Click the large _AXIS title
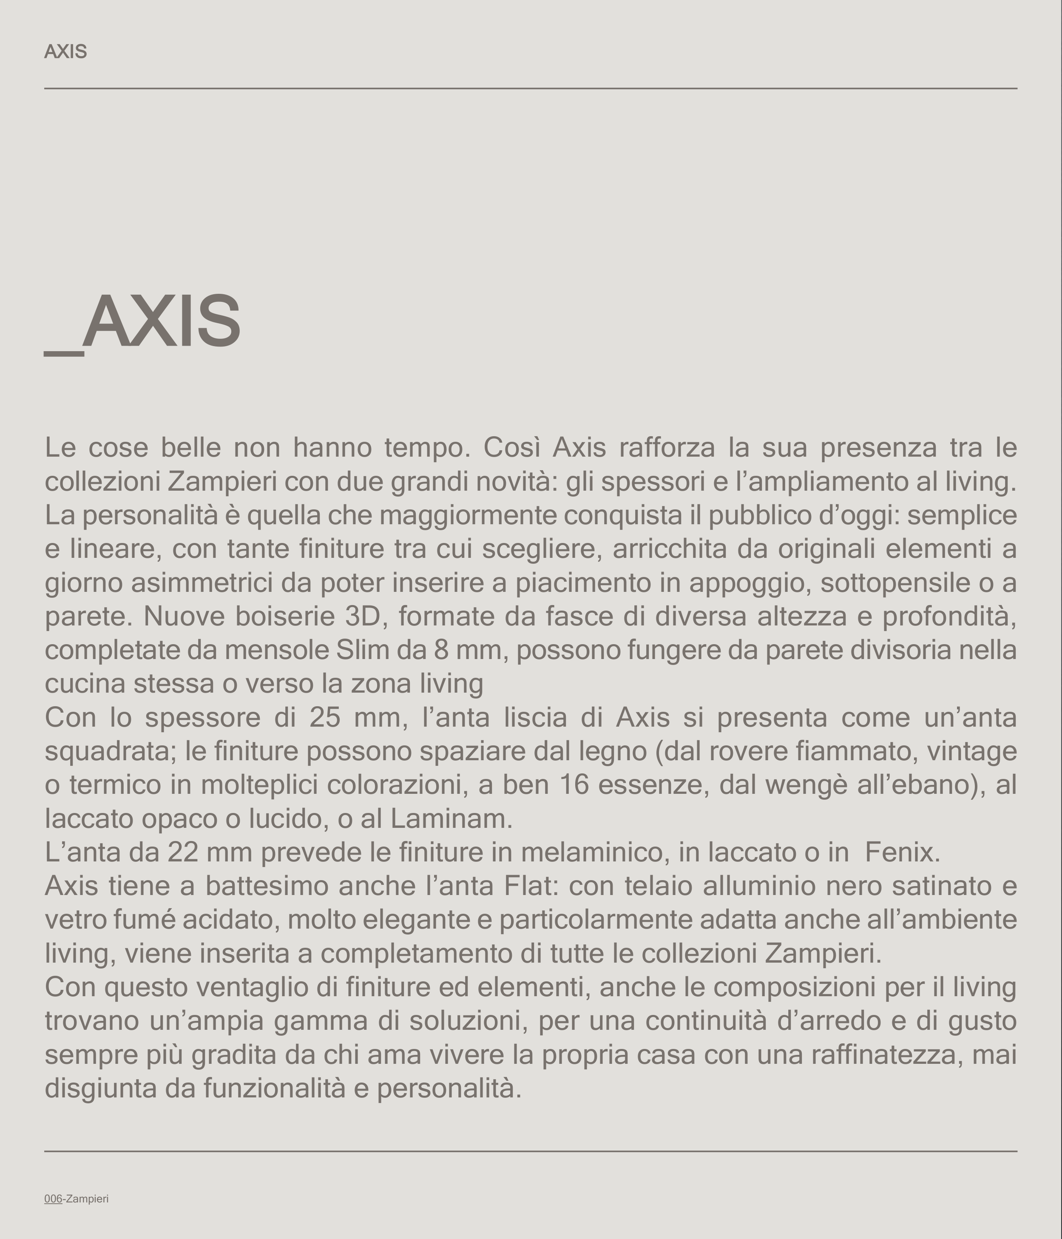click(144, 323)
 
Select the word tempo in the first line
click(427, 448)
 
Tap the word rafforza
click(667, 448)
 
